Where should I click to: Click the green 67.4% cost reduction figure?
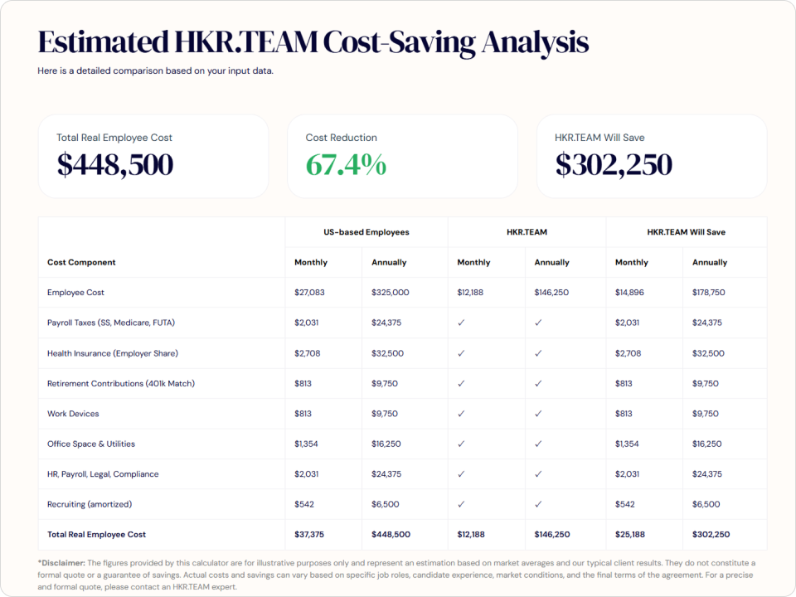coord(346,165)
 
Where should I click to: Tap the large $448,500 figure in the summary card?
coord(115,165)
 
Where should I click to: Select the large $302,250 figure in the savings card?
coord(614,165)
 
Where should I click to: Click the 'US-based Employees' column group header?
coord(366,232)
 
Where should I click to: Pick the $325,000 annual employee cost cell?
coord(390,293)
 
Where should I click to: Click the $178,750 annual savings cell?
coord(710,293)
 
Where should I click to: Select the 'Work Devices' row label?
coord(73,414)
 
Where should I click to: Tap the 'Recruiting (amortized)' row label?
coord(90,504)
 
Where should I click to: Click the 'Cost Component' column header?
coord(81,263)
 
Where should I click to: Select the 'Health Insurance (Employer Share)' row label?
coord(113,353)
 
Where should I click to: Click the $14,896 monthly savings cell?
coord(629,293)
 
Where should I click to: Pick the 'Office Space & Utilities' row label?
coord(91,444)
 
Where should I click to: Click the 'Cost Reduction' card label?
coord(341,138)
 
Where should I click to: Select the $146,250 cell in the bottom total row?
coord(551,535)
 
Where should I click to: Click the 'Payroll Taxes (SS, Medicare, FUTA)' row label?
coord(111,323)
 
